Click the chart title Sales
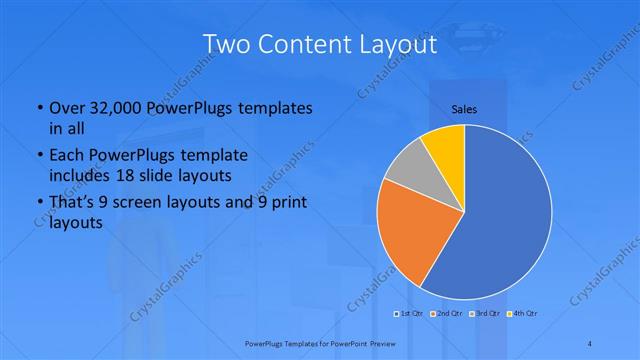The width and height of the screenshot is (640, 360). click(x=463, y=108)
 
